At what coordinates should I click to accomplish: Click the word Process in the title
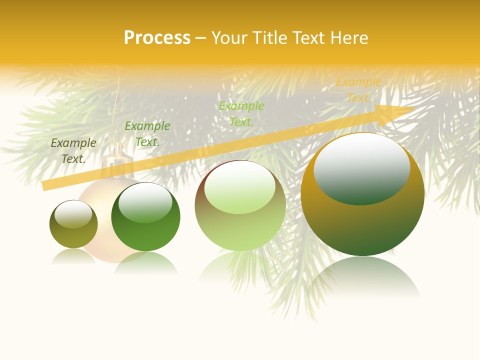pos(157,38)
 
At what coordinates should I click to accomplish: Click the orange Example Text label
pos(358,90)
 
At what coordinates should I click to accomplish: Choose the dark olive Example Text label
pos(73,151)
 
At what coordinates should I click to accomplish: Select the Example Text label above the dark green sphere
pos(147,134)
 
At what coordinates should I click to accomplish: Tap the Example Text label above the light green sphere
pos(241,113)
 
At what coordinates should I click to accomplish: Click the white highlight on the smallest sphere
pos(73,214)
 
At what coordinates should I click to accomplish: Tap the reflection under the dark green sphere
pos(145,262)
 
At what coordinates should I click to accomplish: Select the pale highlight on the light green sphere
pos(239,187)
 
